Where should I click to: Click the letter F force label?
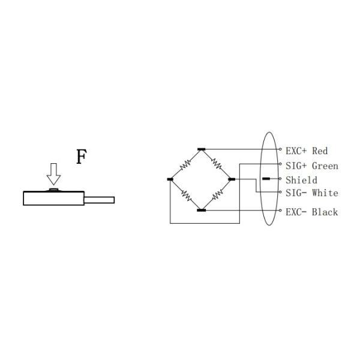pyautogui.click(x=82, y=157)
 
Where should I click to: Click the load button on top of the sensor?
pyautogui.click(x=53, y=190)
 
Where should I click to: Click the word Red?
pyautogui.click(x=320, y=151)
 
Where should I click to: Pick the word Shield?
pyautogui.click(x=301, y=180)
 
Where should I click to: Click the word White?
pyautogui.click(x=325, y=193)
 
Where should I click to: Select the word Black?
pyautogui.click(x=325, y=212)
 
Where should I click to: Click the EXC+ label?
pyautogui.click(x=296, y=151)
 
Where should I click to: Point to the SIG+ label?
pyautogui.click(x=296, y=166)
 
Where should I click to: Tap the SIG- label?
pyautogui.click(x=296, y=193)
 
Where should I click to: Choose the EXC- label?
pyautogui.click(x=296, y=212)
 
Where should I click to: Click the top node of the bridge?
pyautogui.click(x=201, y=149)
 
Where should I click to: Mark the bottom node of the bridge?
pyautogui.click(x=201, y=210)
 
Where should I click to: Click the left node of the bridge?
pyautogui.click(x=170, y=179)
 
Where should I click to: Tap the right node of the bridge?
pyautogui.click(x=232, y=179)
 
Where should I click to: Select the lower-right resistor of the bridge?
pyautogui.click(x=217, y=195)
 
